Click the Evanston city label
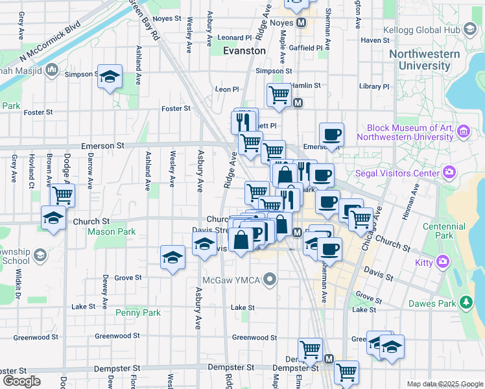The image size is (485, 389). tap(244, 51)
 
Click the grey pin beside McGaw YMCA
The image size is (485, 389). tap(270, 280)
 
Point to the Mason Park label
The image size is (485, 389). tap(111, 231)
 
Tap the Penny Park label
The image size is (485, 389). tap(137, 312)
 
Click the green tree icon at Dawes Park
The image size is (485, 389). tap(465, 302)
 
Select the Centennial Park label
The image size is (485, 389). tap(438, 231)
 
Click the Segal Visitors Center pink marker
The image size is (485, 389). tap(449, 172)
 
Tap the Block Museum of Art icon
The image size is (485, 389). tap(463, 132)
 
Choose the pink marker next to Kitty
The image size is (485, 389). tap(444, 262)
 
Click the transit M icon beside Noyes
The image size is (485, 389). tap(301, 23)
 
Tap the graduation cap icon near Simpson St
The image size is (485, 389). tap(110, 77)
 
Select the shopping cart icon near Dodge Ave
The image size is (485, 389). tap(62, 194)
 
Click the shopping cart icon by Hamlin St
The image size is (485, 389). tap(279, 94)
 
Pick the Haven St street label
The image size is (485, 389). tap(375, 40)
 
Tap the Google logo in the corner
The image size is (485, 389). tap(21, 381)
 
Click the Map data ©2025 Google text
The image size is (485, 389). tap(444, 384)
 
